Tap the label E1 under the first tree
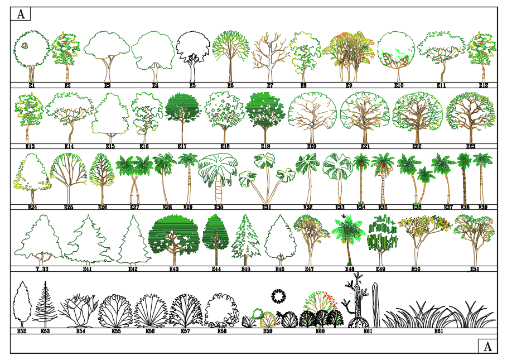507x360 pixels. (x=32, y=86)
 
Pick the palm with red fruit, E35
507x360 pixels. (x=383, y=176)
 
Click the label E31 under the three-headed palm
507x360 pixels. (x=267, y=207)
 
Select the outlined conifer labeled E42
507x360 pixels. (x=133, y=240)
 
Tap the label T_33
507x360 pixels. (x=42, y=269)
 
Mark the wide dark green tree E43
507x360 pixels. (x=175, y=237)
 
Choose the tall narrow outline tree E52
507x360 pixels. (x=22, y=303)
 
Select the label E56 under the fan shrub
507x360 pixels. (x=150, y=331)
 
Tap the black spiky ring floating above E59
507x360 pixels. (x=278, y=295)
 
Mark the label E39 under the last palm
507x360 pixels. (x=483, y=207)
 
